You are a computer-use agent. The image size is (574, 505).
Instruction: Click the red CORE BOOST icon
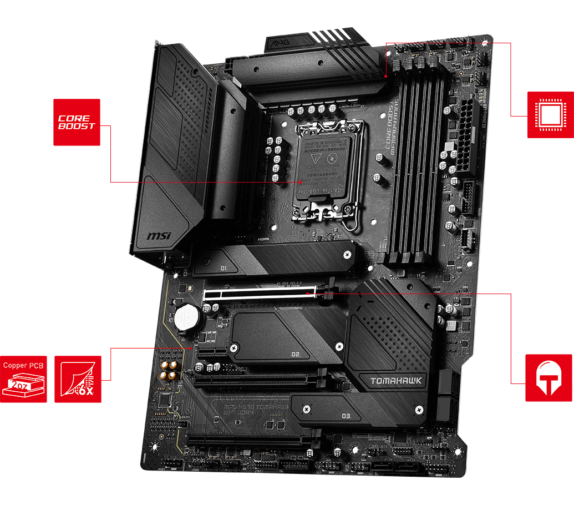[x=77, y=122]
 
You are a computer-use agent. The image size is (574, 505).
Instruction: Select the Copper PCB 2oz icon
[x=23, y=379]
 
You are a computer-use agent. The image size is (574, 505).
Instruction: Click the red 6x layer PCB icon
[x=78, y=379]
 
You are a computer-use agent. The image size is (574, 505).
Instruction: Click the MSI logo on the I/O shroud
[x=159, y=235]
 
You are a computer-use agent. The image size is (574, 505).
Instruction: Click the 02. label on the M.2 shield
[x=296, y=353]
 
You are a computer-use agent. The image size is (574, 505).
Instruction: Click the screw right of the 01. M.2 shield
[x=347, y=254]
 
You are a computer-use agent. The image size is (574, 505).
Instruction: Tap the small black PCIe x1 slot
[x=214, y=352]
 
